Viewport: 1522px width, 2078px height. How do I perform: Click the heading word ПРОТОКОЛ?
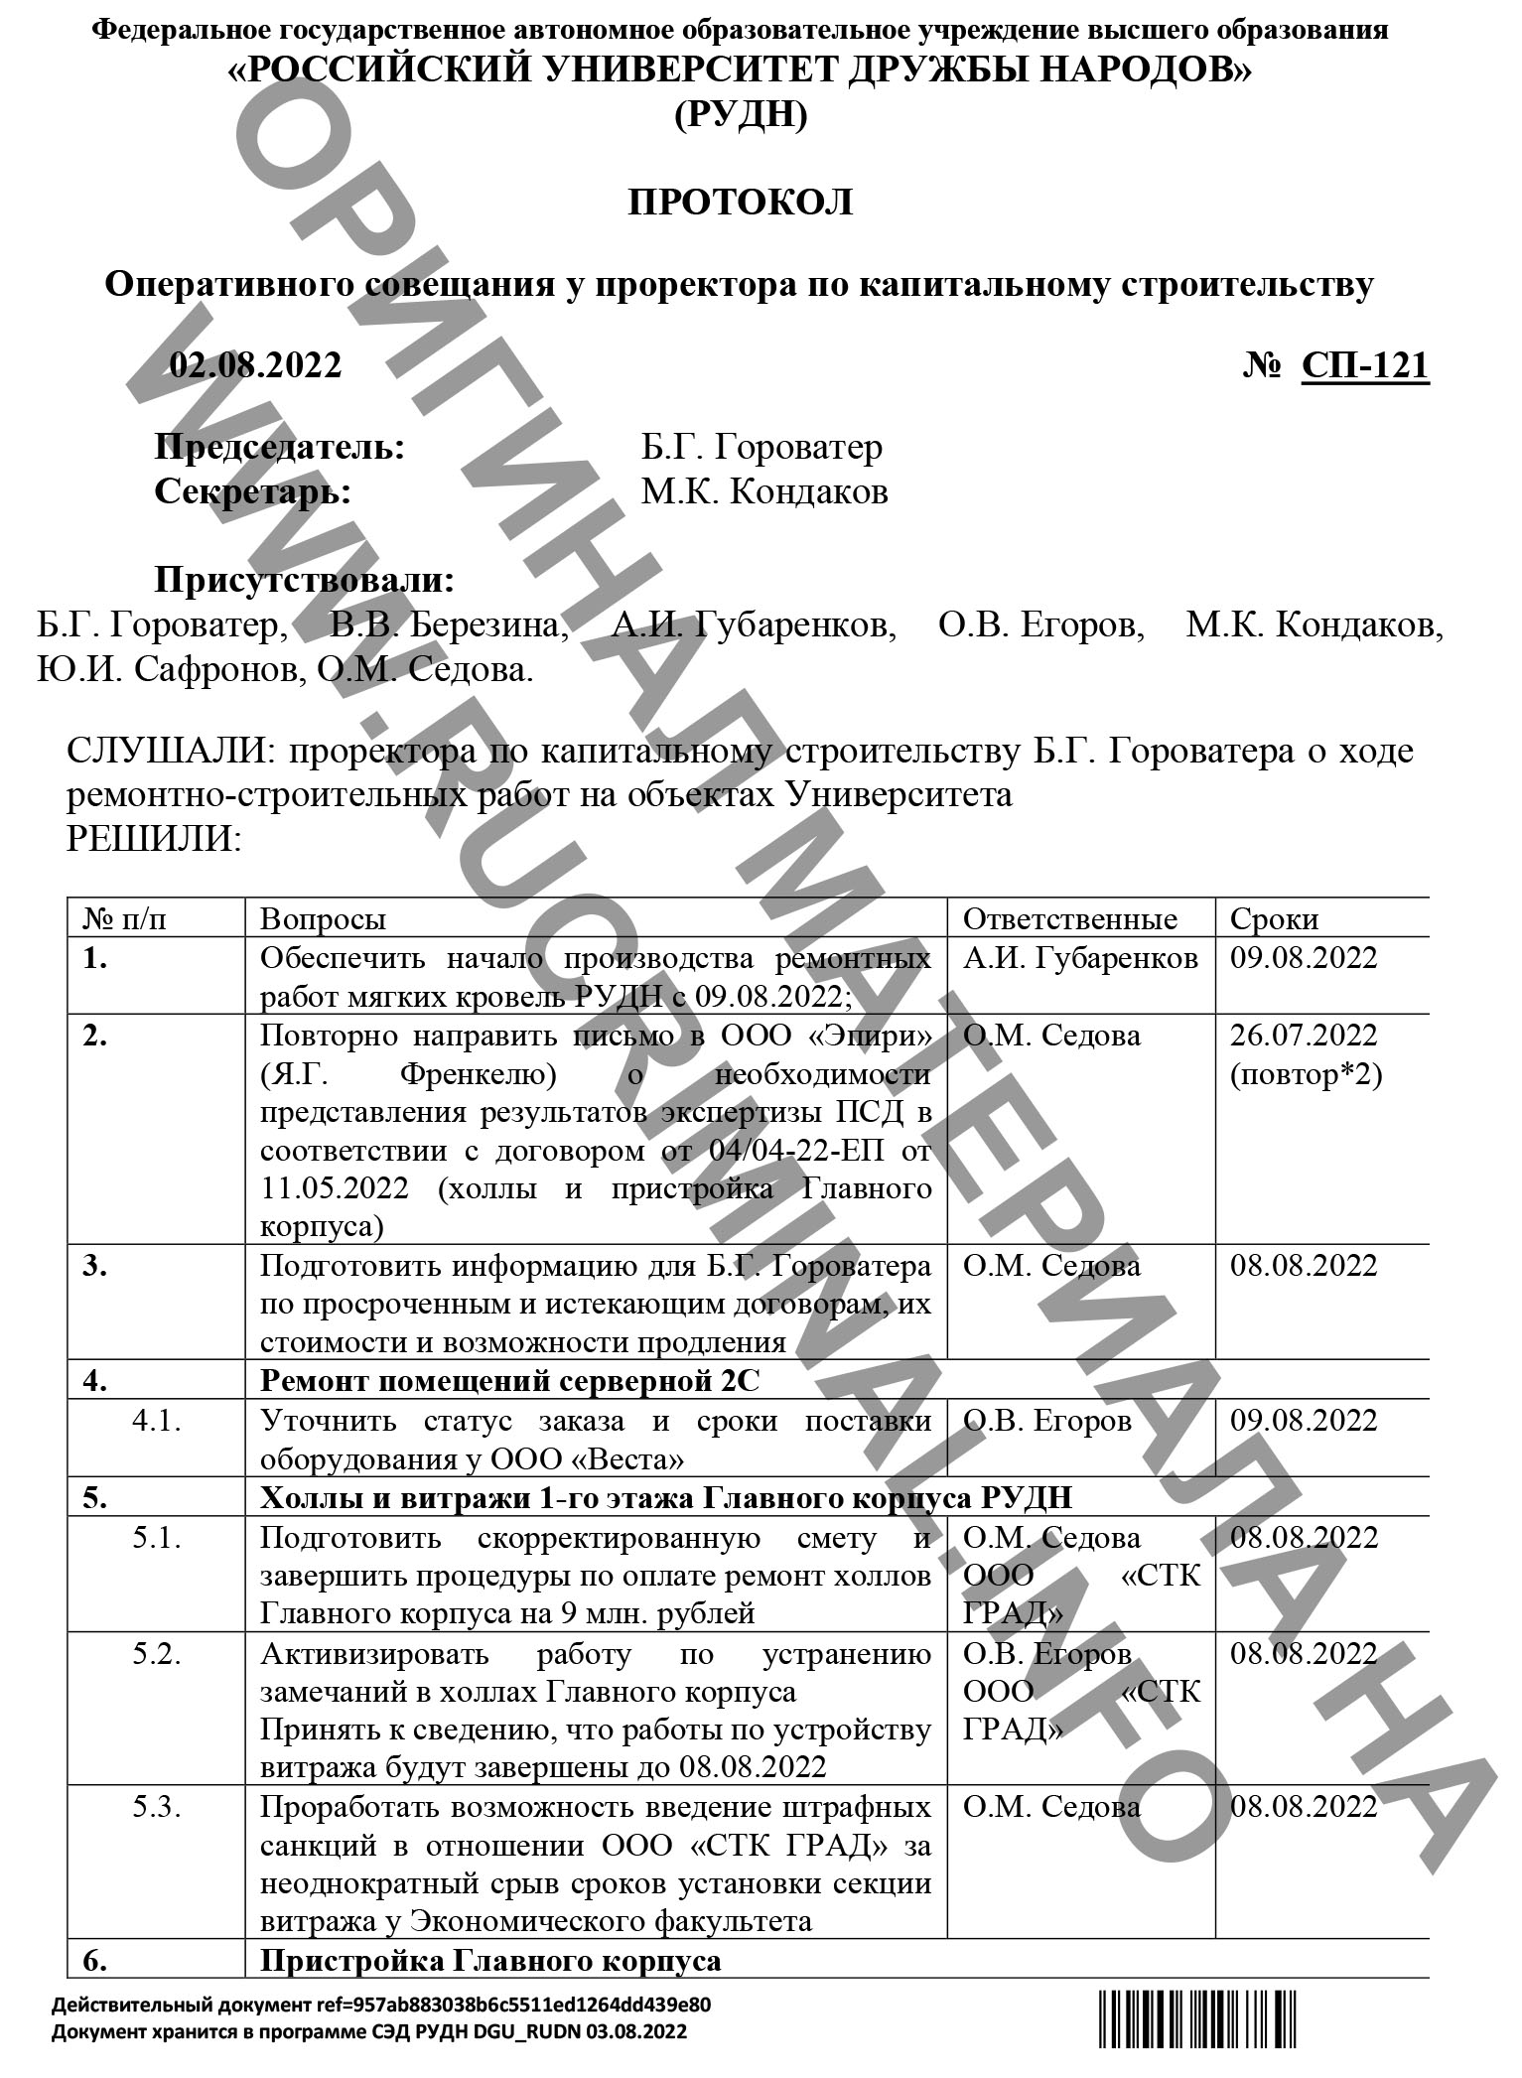(740, 202)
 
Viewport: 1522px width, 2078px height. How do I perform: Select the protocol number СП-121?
(1365, 365)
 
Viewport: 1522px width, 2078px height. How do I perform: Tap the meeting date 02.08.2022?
(255, 365)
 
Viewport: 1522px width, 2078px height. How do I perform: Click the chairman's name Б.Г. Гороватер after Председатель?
(761, 447)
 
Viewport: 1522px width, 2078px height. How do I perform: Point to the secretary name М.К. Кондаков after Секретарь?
(763, 491)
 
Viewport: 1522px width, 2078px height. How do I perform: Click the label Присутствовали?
(305, 580)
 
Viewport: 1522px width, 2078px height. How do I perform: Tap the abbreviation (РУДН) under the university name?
(740, 116)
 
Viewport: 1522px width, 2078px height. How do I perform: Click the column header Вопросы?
(323, 918)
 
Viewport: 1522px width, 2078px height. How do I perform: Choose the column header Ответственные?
(1070, 918)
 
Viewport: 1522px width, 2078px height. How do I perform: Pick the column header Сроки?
(1274, 918)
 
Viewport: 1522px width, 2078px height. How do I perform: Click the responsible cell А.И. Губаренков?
(1080, 958)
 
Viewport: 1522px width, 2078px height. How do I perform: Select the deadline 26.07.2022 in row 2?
(1304, 1036)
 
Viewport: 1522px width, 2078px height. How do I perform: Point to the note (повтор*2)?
(1306, 1074)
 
